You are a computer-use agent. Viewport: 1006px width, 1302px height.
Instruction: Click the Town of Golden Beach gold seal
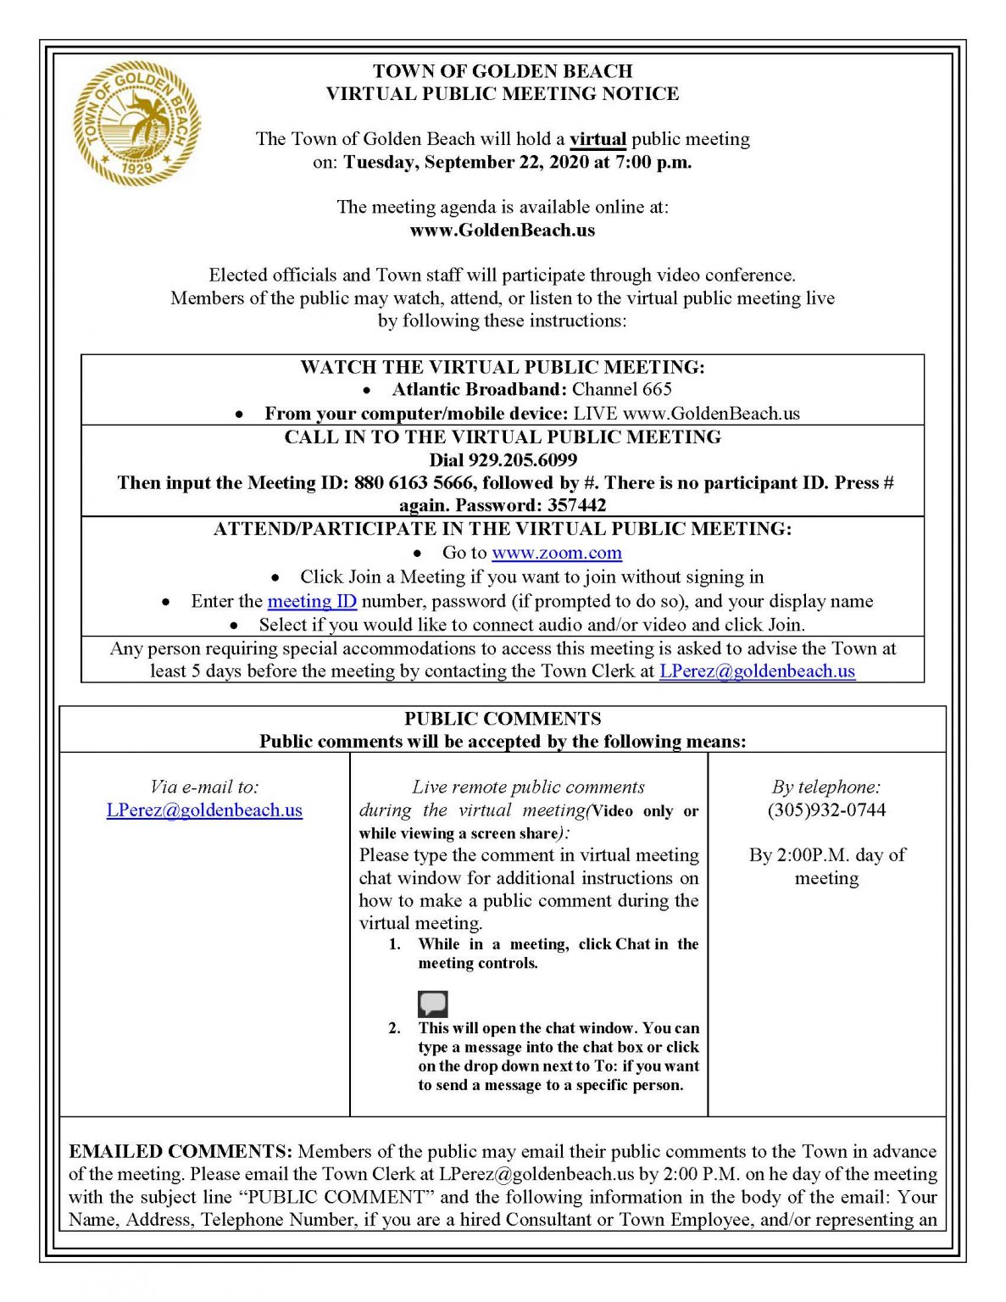(136, 124)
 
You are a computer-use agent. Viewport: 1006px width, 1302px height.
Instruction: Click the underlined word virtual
(597, 139)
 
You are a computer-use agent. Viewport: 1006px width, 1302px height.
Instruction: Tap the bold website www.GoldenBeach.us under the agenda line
(503, 230)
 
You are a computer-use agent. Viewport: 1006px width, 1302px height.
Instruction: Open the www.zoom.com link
(557, 553)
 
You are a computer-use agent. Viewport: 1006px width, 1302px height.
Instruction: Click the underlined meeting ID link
(312, 601)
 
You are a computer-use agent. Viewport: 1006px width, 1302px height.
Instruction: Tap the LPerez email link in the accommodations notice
(757, 670)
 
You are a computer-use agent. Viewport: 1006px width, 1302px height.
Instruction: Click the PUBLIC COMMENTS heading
(503, 718)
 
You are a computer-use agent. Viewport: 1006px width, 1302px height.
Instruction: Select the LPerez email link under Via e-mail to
(204, 810)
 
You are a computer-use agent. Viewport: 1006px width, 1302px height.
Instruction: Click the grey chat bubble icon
(432, 1004)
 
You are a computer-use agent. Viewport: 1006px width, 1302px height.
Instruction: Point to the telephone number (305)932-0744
(826, 810)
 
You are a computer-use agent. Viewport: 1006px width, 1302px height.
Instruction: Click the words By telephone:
(826, 787)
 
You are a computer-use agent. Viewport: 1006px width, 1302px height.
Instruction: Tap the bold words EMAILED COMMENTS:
(181, 1151)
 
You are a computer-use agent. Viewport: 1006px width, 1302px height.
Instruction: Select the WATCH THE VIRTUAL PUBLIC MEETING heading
(503, 367)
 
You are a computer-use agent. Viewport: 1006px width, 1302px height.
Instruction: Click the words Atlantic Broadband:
(479, 389)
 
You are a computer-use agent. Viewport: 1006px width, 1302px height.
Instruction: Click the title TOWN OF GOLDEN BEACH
(503, 71)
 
